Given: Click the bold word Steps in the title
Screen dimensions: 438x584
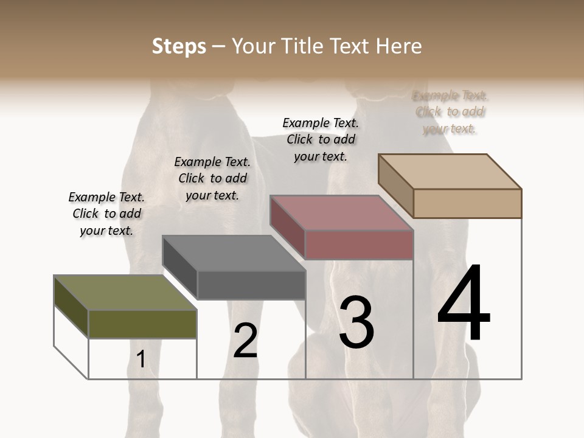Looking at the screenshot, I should (x=179, y=46).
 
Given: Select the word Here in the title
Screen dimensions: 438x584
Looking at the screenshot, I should (x=398, y=46).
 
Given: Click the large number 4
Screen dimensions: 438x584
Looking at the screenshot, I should (x=464, y=304).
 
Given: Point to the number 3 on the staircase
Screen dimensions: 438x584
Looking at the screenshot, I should (x=356, y=322).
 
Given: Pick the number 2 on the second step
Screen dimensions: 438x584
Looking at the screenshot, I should (x=245, y=341).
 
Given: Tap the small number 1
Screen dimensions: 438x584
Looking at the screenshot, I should (x=141, y=360).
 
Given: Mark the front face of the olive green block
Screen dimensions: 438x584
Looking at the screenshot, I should (x=143, y=324).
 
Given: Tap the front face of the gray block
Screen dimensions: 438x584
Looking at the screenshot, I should (x=251, y=285).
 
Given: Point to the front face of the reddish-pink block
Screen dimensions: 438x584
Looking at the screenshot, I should (x=360, y=245).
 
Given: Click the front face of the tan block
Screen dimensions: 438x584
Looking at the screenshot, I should (x=467, y=203).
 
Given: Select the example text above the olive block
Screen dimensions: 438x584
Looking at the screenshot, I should (x=106, y=214).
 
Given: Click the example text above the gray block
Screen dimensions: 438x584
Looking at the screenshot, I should (x=212, y=178).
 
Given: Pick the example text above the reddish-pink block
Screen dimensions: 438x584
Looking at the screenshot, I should (x=321, y=139).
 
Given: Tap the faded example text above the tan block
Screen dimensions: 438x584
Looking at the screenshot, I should (x=450, y=112).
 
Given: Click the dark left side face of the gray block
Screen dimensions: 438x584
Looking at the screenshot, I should (x=180, y=268).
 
